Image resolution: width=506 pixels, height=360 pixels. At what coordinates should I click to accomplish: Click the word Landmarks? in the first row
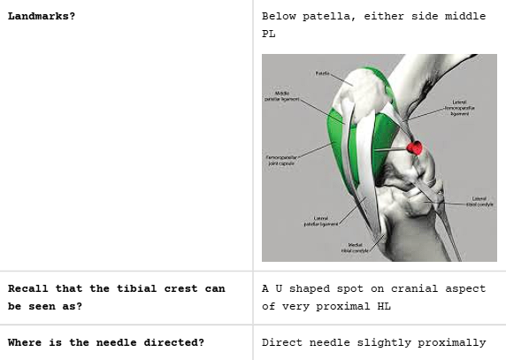41,17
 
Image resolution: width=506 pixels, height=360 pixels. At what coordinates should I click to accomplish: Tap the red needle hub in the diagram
414,147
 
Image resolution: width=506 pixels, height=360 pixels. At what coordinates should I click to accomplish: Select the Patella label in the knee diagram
321,73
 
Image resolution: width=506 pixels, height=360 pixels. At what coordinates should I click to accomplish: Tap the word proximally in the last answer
452,342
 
